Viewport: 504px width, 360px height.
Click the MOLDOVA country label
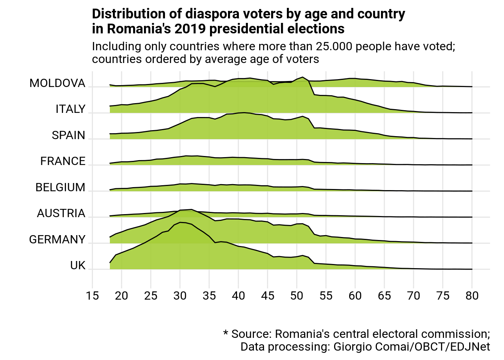point(57,83)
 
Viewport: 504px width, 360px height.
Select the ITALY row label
point(70,109)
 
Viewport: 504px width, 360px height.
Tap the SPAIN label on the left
point(69,135)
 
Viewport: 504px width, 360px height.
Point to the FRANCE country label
point(63,161)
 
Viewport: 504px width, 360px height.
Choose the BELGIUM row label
point(60,187)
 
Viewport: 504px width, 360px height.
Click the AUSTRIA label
point(61,213)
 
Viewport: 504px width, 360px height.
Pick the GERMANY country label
point(57,240)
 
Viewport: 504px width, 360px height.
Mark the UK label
point(78,265)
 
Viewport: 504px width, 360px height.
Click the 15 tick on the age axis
point(92,296)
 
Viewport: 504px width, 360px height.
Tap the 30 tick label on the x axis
point(180,296)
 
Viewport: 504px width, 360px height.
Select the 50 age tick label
point(297,296)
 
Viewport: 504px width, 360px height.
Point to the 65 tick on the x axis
point(384,296)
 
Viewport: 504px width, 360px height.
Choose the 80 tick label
point(472,296)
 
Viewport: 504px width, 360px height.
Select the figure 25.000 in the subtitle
point(334,46)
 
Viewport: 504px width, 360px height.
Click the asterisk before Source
point(226,333)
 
